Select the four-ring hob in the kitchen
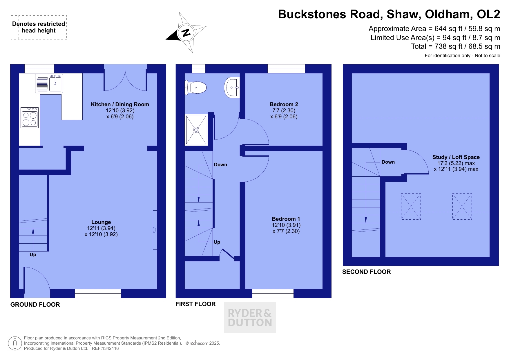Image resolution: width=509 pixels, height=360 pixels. [x=30, y=117]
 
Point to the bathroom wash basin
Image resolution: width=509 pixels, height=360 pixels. [x=232, y=87]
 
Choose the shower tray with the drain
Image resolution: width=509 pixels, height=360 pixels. [x=196, y=130]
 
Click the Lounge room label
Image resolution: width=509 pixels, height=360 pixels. [x=101, y=222]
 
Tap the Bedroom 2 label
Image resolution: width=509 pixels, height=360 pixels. [x=284, y=104]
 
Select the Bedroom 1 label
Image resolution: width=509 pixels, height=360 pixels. [x=286, y=219]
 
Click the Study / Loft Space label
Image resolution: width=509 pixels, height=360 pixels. [x=456, y=157]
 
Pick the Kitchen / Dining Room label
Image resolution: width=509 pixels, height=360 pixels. [x=120, y=104]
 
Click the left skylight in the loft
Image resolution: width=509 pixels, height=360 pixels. [x=411, y=207]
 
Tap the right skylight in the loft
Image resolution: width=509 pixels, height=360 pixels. [x=462, y=207]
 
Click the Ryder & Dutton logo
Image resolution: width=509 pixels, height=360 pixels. [x=250, y=317]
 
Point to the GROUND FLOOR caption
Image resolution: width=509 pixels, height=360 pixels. [x=35, y=305]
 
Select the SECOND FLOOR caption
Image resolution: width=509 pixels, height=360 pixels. [x=367, y=272]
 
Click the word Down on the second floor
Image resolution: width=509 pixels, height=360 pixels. [x=388, y=162]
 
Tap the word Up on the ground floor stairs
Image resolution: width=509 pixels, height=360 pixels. [x=33, y=254]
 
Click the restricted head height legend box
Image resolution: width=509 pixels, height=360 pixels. [x=39, y=27]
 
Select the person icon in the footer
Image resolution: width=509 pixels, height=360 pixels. [x=15, y=343]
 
